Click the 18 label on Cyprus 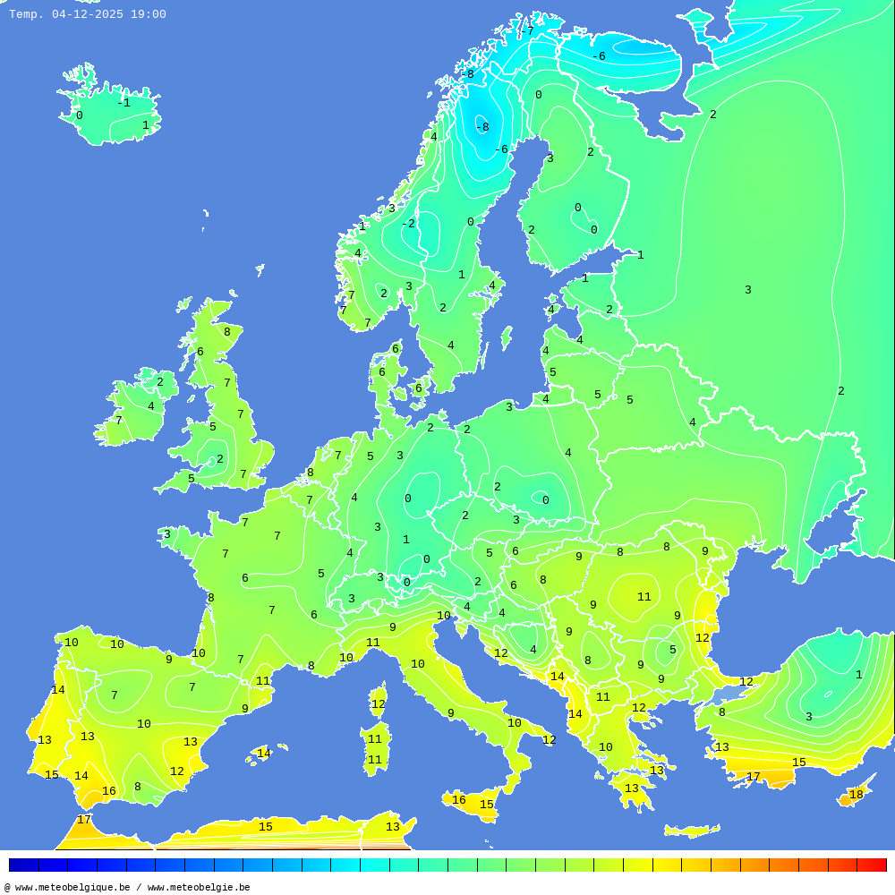point(857,795)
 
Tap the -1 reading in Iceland point(124,103)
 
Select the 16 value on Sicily point(458,800)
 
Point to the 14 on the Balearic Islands point(264,754)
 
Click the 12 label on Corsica point(378,704)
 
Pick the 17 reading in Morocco point(83,820)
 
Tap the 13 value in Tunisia point(392,827)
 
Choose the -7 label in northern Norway point(527,31)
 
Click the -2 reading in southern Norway point(408,224)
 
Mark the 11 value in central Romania point(644,597)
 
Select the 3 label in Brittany point(166,534)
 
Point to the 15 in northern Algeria point(266,827)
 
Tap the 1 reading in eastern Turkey point(858,675)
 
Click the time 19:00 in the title point(149,14)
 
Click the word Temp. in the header point(26,14)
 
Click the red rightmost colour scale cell point(872,865)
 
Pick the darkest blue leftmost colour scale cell point(23,865)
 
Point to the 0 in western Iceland point(79,115)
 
